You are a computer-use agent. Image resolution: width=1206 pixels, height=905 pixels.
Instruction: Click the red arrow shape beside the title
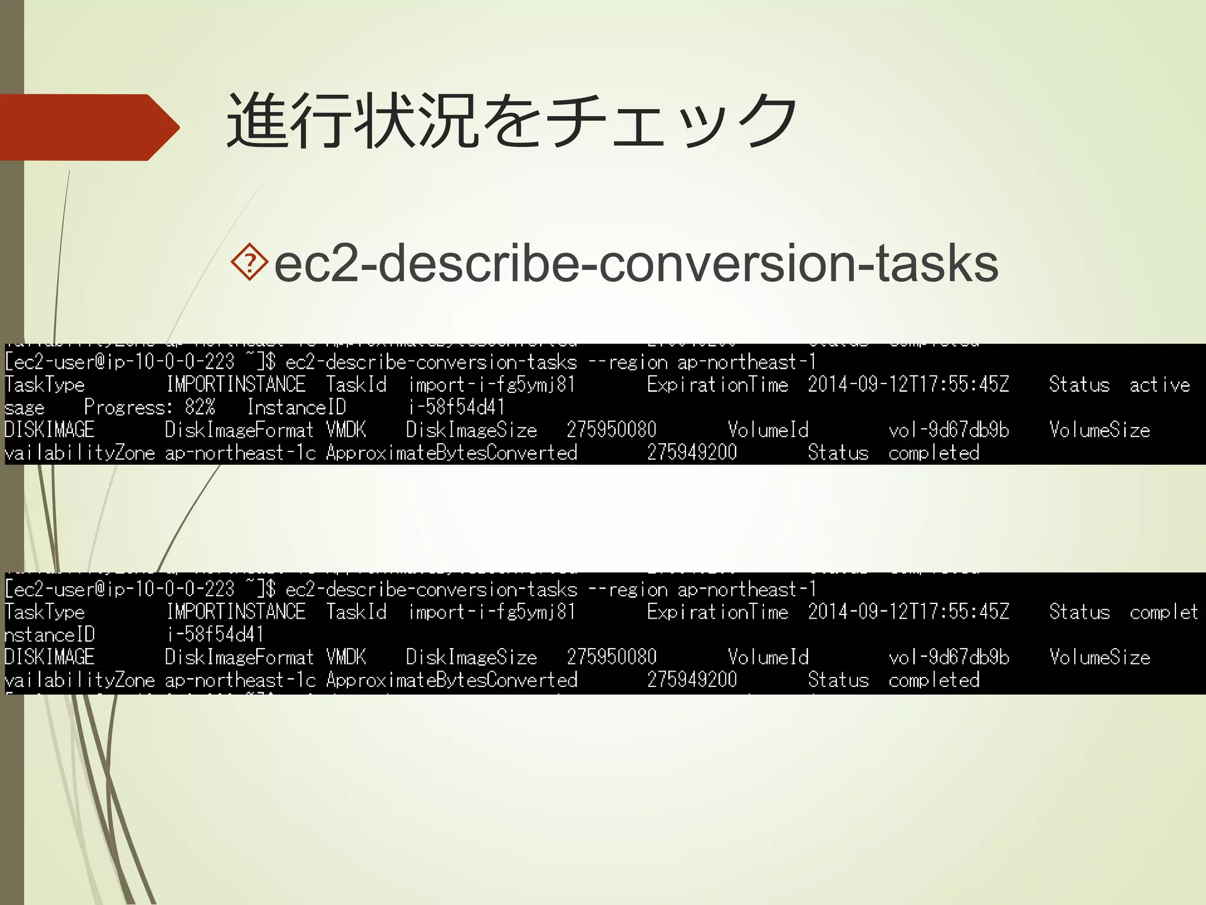(x=88, y=127)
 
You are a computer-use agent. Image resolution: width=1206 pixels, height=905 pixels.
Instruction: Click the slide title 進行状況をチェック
(x=511, y=121)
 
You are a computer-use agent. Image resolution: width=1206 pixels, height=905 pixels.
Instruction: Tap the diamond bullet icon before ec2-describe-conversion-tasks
(x=250, y=262)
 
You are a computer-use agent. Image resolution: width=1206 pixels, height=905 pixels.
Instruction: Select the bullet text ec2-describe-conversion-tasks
(x=636, y=263)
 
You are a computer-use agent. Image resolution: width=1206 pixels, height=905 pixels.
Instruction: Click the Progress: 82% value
(x=150, y=407)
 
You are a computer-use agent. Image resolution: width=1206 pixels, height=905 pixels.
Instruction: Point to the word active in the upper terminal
(x=1159, y=385)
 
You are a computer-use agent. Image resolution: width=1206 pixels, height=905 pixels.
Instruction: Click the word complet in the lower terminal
(x=1163, y=612)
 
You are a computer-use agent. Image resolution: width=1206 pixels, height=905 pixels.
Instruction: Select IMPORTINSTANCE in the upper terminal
(x=236, y=385)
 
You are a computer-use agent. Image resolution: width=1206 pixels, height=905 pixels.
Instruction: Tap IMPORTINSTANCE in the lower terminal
(x=236, y=612)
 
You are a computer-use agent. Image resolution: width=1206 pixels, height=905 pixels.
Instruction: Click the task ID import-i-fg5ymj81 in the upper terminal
(x=491, y=385)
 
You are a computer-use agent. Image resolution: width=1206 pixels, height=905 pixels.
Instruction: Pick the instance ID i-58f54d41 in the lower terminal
(x=215, y=635)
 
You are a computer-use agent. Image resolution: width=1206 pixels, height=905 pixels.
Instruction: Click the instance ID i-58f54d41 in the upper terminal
(x=456, y=407)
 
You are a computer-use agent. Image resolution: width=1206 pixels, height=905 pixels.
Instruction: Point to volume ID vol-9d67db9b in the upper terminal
(x=949, y=430)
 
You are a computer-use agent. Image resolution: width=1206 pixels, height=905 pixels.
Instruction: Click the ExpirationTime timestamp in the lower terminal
(x=908, y=612)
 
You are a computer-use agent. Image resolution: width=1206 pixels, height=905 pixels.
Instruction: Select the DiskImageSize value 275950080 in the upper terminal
(x=611, y=430)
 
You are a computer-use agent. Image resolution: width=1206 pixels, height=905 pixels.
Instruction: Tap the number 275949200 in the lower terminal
(x=692, y=680)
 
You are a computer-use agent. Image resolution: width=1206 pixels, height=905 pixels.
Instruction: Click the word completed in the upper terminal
(x=934, y=452)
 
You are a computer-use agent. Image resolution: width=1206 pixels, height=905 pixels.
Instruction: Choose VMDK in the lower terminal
(x=346, y=658)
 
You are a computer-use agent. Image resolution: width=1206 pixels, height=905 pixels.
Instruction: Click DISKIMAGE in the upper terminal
(x=49, y=430)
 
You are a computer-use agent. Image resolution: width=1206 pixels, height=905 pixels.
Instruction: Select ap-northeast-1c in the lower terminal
(x=240, y=680)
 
